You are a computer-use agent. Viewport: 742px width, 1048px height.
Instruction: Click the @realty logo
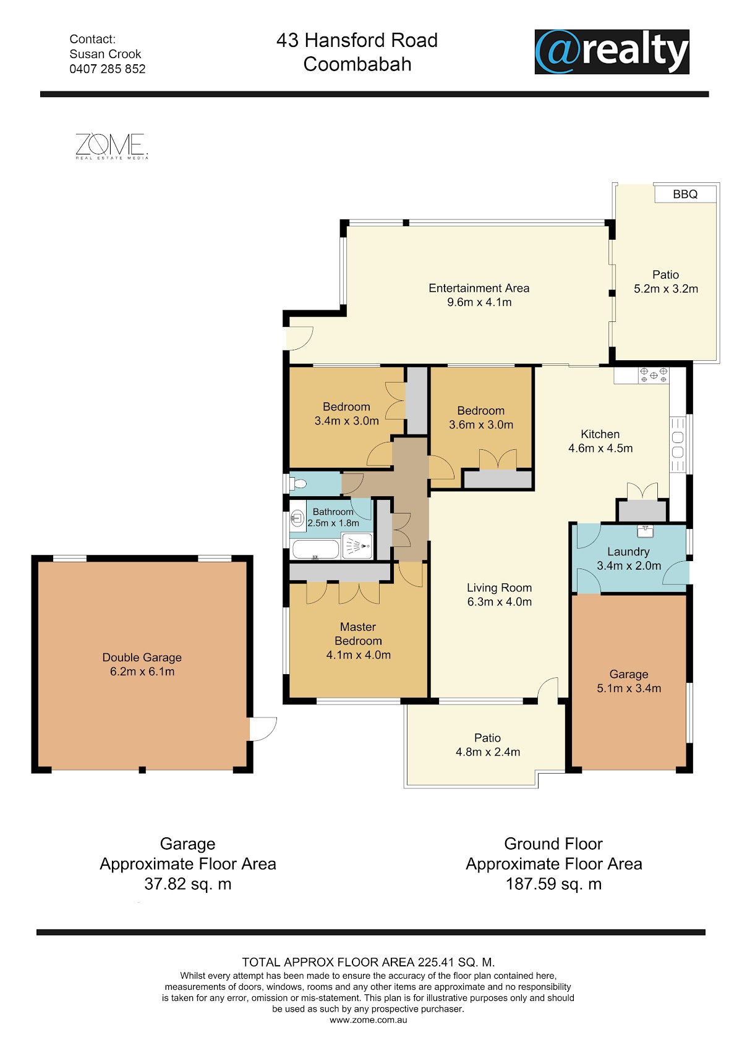(x=612, y=51)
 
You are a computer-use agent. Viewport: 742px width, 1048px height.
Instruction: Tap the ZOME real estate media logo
(x=112, y=146)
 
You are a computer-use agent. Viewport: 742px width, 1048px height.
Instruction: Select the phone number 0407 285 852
(x=107, y=69)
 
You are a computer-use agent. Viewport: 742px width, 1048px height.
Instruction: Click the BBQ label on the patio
(x=685, y=194)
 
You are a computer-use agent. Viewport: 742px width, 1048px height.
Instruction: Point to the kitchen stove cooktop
(x=654, y=374)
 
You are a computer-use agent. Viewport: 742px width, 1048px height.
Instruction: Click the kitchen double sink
(x=678, y=444)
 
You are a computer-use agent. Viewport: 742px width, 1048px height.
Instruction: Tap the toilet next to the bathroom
(x=298, y=483)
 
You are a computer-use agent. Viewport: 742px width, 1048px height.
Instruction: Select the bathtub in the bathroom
(x=315, y=549)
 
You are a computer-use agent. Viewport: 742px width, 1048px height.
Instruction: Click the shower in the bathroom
(x=357, y=546)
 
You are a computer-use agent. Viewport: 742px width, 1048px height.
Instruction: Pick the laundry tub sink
(x=645, y=531)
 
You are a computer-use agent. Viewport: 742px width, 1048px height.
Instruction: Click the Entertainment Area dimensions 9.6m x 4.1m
(x=479, y=302)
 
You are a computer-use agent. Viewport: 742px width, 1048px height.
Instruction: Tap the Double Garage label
(x=142, y=657)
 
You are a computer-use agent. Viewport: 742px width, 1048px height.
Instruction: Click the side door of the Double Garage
(x=263, y=729)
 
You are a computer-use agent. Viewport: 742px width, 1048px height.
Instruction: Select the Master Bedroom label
(x=358, y=634)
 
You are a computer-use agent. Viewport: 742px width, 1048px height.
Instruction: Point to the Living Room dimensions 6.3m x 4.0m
(x=500, y=602)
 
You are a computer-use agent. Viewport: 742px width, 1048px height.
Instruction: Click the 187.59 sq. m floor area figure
(x=553, y=884)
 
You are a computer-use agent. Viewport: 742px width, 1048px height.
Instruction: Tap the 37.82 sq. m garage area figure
(x=188, y=884)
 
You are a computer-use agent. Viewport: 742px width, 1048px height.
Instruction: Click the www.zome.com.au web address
(x=369, y=1020)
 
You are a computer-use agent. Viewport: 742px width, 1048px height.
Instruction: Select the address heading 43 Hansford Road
(x=357, y=40)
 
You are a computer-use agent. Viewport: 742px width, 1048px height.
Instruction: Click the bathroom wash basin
(x=297, y=518)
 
